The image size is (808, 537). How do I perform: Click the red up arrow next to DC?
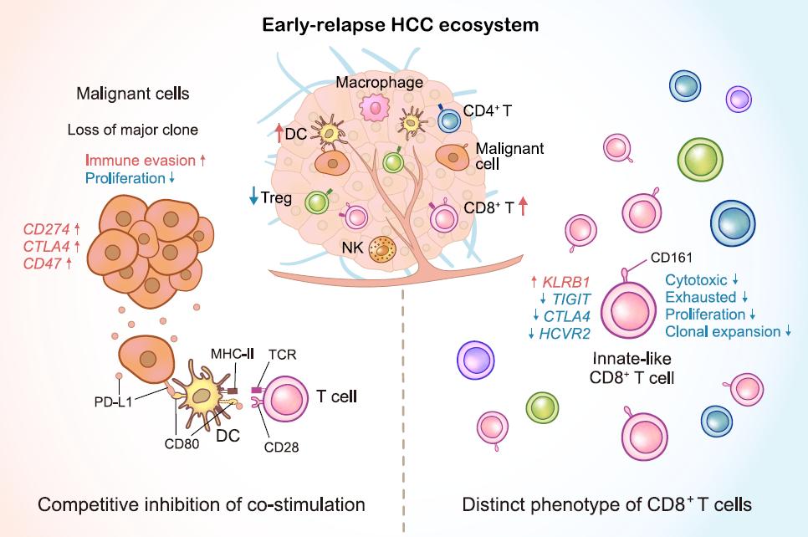coord(278,130)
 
